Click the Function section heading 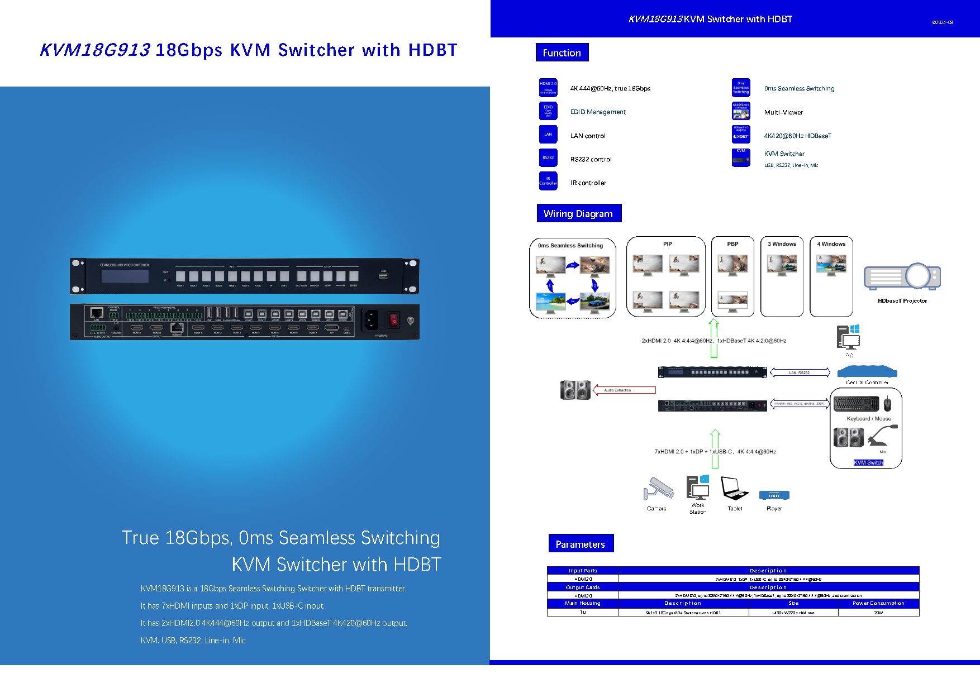(562, 52)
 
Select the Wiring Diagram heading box (578, 213)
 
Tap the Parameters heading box (581, 544)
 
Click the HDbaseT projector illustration (902, 276)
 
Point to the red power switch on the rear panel (394, 320)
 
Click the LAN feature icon (548, 135)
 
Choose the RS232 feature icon (548, 158)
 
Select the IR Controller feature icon (548, 181)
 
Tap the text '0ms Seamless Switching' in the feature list (799, 88)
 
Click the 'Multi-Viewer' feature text (783, 112)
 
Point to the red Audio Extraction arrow (624, 390)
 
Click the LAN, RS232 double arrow (800, 372)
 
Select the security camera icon (658, 489)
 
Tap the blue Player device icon (774, 495)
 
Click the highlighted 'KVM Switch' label (868, 462)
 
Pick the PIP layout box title (667, 244)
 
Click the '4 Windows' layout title (831, 244)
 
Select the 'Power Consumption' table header (878, 603)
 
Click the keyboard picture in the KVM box (855, 404)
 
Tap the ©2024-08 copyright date (942, 22)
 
